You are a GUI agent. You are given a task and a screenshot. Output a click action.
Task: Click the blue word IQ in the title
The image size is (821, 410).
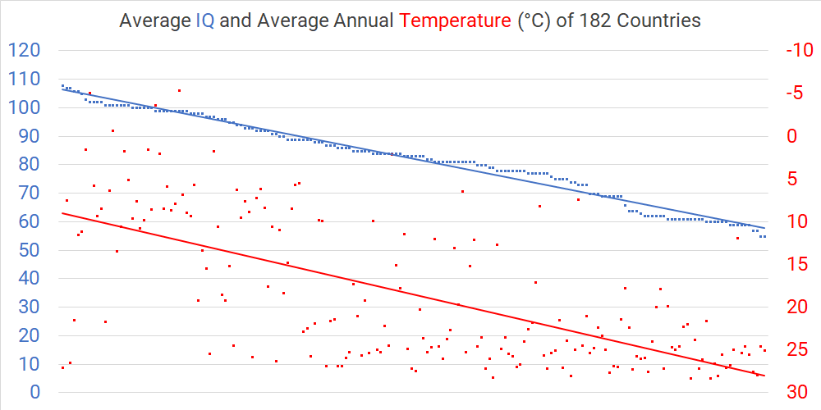(205, 21)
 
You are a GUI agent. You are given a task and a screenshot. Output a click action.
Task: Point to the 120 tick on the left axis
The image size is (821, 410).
(24, 51)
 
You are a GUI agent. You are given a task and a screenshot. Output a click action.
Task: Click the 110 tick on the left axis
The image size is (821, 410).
(24, 80)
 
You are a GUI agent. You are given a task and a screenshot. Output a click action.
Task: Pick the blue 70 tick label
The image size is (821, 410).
(30, 194)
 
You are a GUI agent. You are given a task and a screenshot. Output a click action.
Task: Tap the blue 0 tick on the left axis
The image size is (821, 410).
(35, 392)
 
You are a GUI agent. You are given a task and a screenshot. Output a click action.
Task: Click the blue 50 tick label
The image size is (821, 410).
(30, 250)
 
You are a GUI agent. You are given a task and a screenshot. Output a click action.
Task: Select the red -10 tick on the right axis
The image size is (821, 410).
(799, 51)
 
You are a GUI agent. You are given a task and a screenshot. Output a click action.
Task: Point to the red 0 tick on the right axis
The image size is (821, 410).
(791, 136)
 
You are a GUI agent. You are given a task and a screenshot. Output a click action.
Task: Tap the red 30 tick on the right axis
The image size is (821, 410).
(796, 392)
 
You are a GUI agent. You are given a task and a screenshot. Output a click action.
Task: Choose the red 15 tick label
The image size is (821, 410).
(796, 264)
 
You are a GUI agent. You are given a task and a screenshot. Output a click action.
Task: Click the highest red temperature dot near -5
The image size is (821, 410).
(179, 90)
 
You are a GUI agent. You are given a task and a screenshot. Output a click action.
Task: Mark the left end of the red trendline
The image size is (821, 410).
(62, 213)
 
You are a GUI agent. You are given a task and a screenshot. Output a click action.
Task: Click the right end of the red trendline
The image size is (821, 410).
(765, 376)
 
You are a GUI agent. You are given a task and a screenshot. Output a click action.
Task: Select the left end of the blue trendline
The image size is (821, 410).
(62, 89)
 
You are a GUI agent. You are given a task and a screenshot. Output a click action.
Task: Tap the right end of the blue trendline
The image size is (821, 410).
(765, 228)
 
